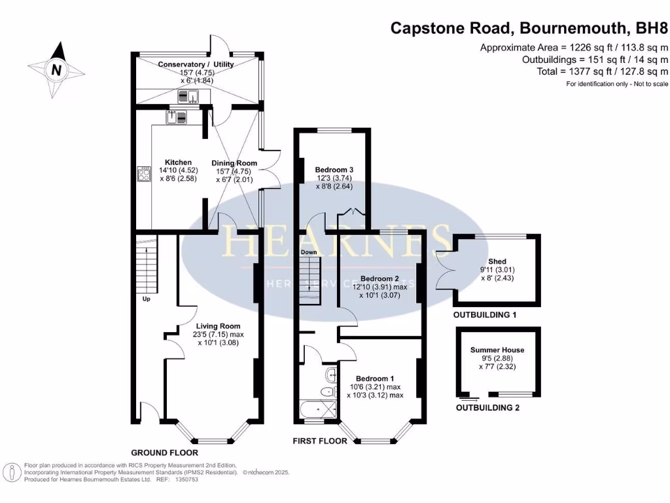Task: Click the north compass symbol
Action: [58, 67]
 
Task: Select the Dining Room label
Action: [234, 163]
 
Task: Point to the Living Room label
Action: [218, 326]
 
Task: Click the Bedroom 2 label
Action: [376, 277]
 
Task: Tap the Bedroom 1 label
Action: [374, 379]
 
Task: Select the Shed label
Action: [497, 261]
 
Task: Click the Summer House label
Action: [497, 350]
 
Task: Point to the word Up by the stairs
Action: [147, 299]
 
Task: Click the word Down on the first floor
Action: [309, 252]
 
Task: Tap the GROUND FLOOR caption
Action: [164, 453]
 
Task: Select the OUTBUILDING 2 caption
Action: [487, 407]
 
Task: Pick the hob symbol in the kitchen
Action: [144, 174]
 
